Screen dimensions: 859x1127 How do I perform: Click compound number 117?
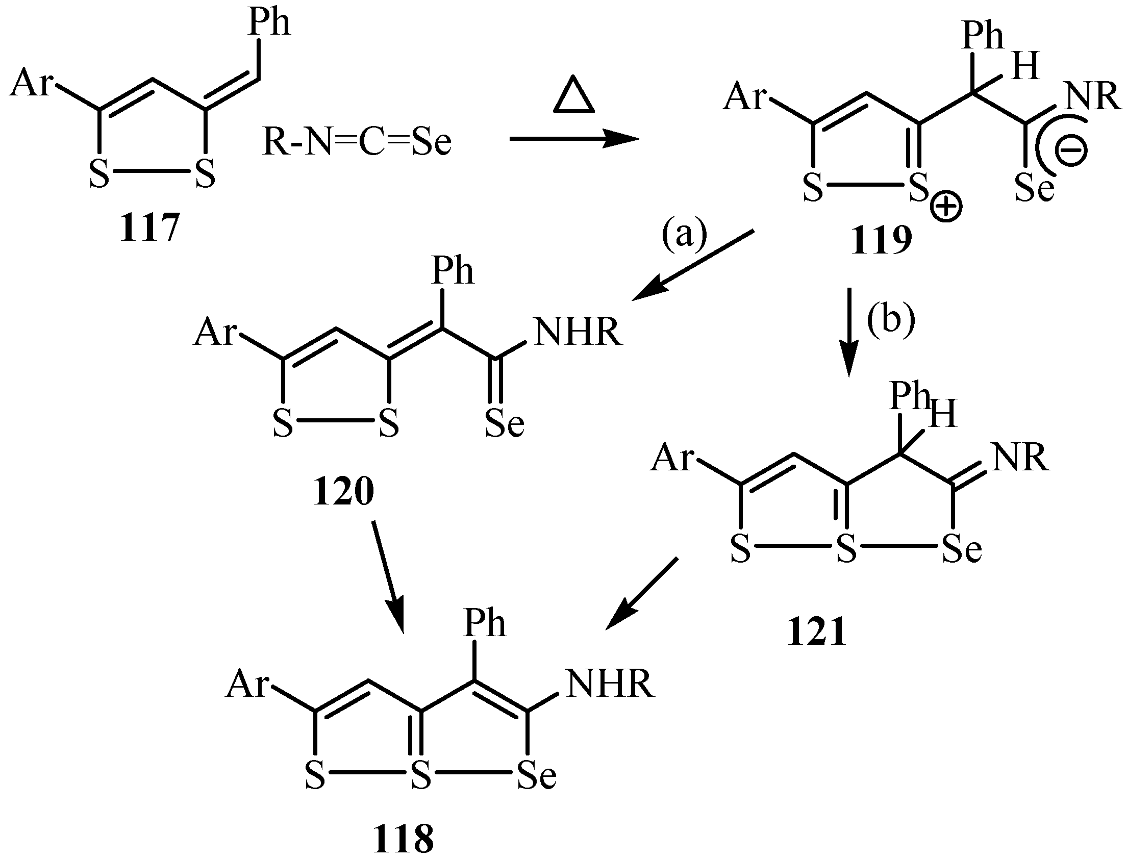[149, 228]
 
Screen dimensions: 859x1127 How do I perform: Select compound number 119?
[881, 241]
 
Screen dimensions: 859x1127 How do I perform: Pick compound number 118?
[404, 839]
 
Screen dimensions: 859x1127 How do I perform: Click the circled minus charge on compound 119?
[1070, 150]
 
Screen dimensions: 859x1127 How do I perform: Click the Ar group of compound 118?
[247, 684]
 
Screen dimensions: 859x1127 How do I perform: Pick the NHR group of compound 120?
[579, 332]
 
